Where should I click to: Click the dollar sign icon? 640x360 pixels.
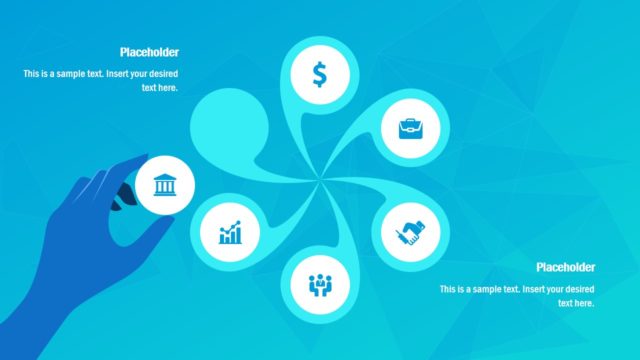tap(319, 74)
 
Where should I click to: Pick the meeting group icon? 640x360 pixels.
tap(319, 284)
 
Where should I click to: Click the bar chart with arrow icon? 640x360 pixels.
tap(231, 234)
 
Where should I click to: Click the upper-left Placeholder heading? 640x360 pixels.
tap(149, 53)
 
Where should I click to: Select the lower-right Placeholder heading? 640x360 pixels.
tap(565, 267)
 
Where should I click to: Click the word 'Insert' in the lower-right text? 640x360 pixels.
tap(521, 289)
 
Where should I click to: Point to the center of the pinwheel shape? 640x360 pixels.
tap(320, 181)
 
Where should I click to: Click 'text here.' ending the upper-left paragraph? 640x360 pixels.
tap(160, 88)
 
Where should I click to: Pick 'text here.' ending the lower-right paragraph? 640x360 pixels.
tap(576, 303)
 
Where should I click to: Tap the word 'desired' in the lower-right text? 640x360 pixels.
tap(576, 289)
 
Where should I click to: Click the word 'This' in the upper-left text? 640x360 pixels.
tap(33, 74)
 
